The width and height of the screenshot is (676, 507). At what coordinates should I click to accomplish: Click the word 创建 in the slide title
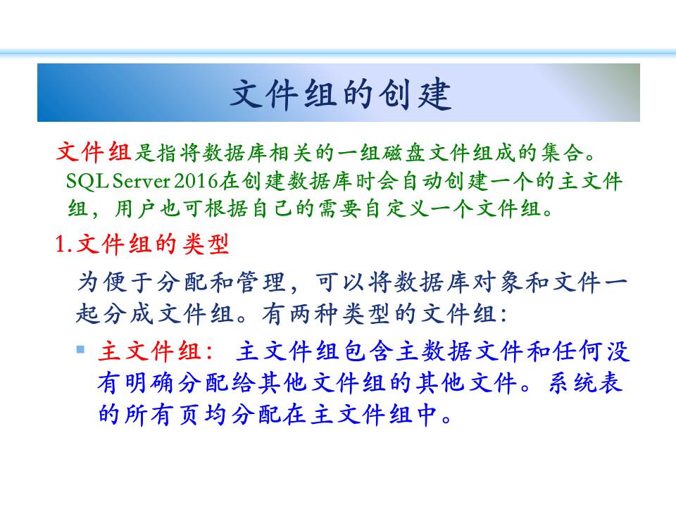tap(415, 94)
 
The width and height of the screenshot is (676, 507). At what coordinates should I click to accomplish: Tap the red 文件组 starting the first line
tap(94, 152)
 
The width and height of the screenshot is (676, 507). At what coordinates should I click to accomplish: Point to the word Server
tap(142, 182)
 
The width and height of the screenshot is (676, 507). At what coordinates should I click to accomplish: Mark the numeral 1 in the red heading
tap(61, 244)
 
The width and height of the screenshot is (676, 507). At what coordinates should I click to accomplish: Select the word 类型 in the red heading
tap(205, 244)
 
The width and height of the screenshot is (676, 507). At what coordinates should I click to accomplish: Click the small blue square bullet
tap(80, 349)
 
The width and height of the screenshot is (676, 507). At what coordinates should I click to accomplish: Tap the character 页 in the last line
tap(188, 414)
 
